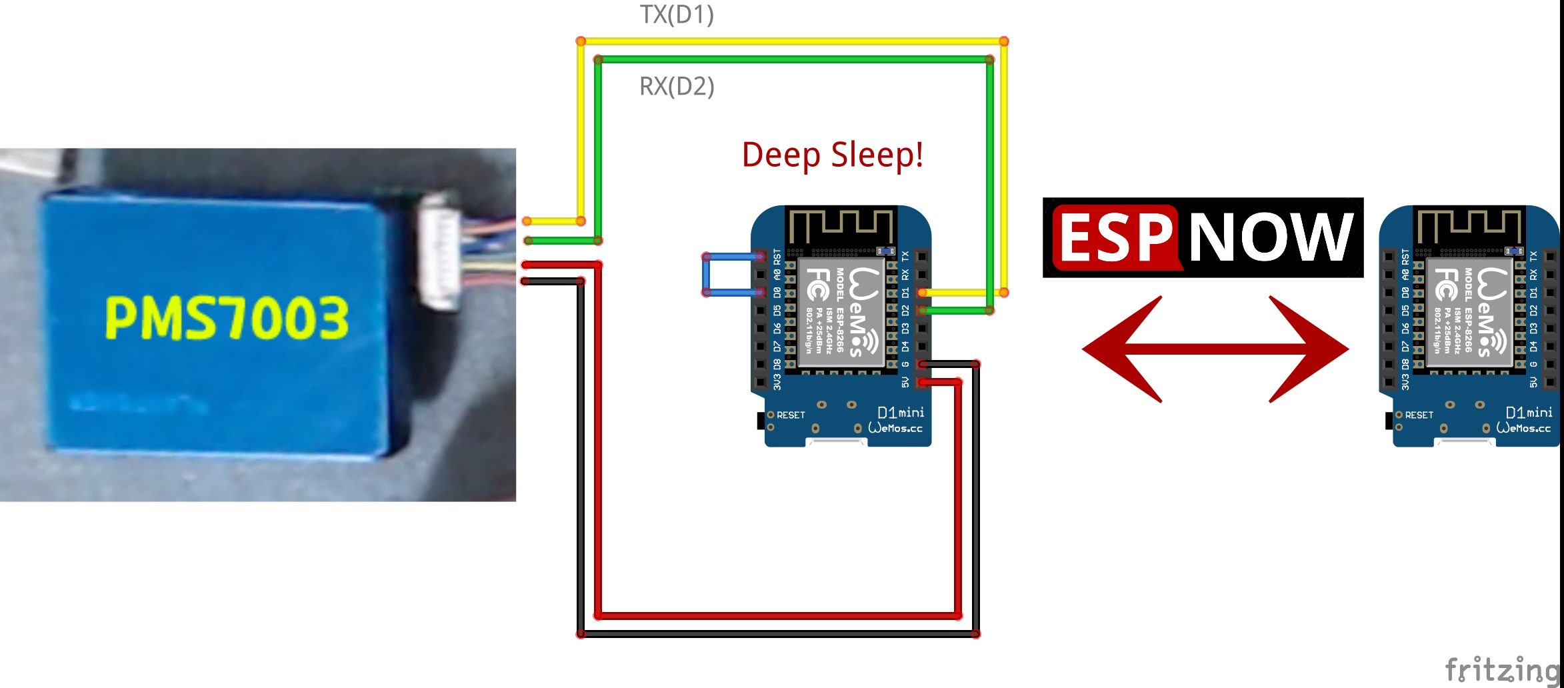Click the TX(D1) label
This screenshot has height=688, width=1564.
[677, 15]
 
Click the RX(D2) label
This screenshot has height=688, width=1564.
[677, 87]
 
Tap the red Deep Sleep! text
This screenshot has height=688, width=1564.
[832, 155]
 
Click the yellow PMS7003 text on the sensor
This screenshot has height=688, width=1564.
[227, 318]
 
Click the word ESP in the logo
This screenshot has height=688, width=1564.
[1115, 238]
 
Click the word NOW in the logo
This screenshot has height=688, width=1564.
[1271, 237]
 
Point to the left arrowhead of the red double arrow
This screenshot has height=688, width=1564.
[1120, 349]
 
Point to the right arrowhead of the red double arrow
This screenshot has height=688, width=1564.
[1310, 349]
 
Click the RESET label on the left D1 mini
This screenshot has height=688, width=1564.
[791, 415]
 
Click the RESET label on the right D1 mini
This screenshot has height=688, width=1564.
[1419, 415]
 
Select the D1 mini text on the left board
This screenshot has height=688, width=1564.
[901, 413]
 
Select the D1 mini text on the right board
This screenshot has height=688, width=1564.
[1529, 413]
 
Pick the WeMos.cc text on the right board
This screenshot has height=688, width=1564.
[1524, 429]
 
